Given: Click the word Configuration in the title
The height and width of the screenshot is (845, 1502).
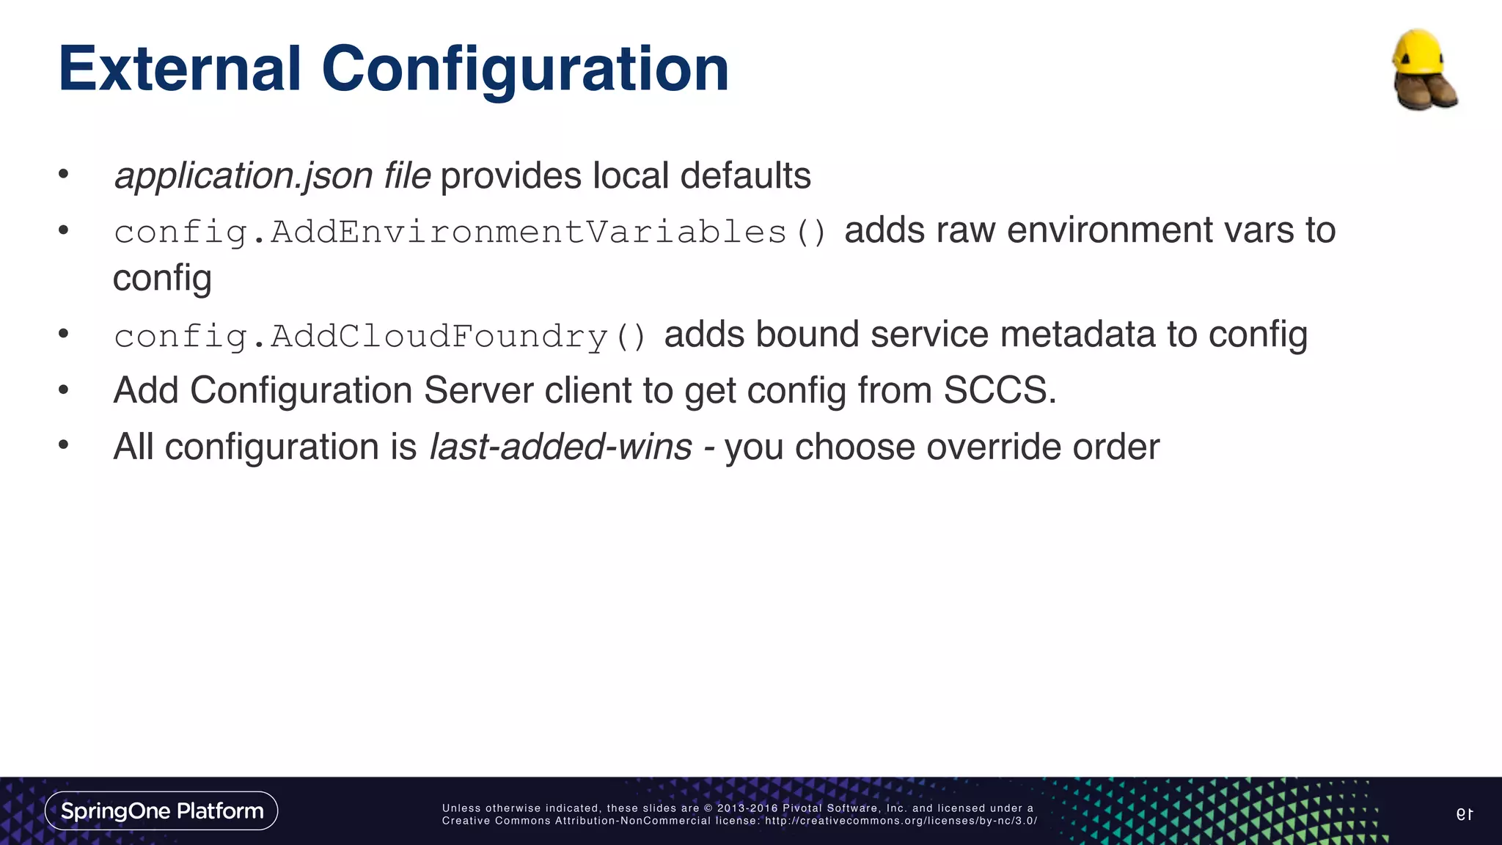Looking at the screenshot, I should (x=525, y=70).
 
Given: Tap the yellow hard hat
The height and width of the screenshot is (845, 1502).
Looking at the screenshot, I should (x=1418, y=52).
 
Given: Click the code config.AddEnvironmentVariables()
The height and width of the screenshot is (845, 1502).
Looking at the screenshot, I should (x=470, y=233).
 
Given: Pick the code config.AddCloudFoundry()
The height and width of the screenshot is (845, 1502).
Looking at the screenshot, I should (x=380, y=337).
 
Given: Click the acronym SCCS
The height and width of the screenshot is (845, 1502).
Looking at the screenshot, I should (x=1000, y=390).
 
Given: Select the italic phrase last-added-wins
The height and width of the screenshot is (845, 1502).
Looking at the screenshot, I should (x=560, y=447).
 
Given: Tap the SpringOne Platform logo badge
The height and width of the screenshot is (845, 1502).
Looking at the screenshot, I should (x=161, y=811).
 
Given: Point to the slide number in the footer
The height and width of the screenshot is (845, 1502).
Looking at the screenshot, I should (x=1465, y=813).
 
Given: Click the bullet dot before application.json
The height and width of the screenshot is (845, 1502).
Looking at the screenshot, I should (x=64, y=174).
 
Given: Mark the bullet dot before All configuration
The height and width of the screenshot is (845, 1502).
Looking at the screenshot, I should (x=64, y=445).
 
